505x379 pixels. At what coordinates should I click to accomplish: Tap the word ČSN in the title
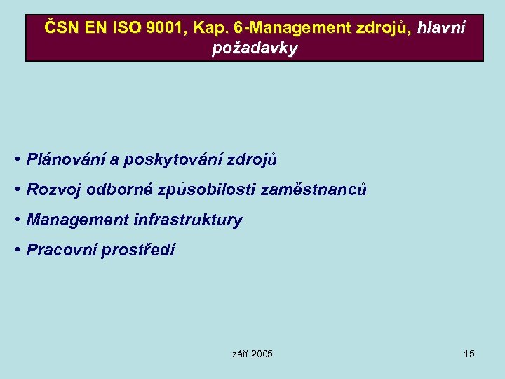coord(61,29)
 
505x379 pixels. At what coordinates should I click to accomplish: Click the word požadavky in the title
coord(255,48)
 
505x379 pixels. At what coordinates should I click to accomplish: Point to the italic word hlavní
coord(440,29)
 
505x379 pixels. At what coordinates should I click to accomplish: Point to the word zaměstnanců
coord(313,189)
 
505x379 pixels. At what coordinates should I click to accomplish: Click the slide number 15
coord(469,354)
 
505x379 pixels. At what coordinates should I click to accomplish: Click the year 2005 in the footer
coord(262,354)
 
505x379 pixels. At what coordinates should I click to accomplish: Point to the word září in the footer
coord(239,354)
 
